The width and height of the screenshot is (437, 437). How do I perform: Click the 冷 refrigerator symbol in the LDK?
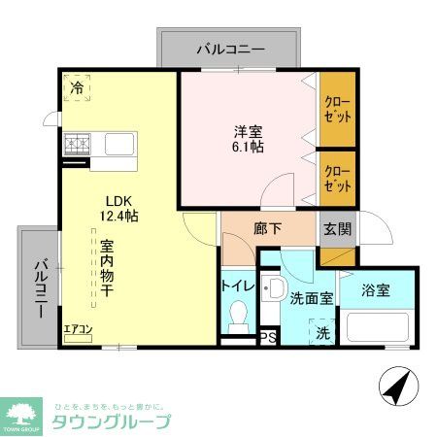77,87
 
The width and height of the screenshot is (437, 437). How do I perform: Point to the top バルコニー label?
229,48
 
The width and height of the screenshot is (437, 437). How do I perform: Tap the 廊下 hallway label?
267,231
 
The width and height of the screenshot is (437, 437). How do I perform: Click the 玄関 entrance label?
337,230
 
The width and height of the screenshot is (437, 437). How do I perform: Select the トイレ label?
238,286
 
